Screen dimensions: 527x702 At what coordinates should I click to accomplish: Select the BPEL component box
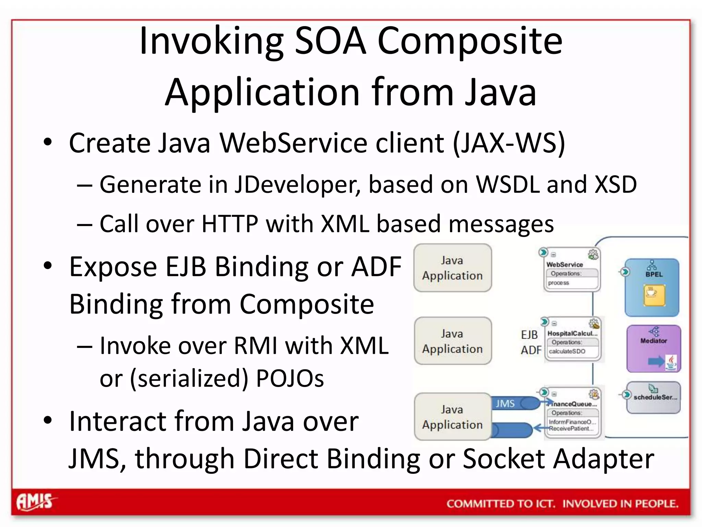tap(652, 288)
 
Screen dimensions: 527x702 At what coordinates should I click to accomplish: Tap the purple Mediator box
tap(653, 348)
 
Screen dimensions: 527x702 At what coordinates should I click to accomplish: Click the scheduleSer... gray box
tap(653, 397)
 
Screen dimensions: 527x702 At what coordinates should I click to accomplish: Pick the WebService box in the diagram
tap(571, 270)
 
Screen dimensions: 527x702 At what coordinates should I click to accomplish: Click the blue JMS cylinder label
tap(505, 403)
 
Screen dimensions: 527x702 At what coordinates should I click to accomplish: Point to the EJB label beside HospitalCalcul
tap(529, 335)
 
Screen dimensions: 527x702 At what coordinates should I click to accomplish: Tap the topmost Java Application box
tap(452, 268)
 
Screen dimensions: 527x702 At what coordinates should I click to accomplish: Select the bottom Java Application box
tap(452, 417)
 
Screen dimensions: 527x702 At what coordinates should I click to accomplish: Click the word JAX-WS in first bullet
tap(509, 143)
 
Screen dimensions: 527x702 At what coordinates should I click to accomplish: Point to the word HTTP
tap(230, 224)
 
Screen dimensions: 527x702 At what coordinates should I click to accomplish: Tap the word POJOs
tap(290, 379)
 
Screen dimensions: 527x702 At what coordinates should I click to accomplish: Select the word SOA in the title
tap(330, 41)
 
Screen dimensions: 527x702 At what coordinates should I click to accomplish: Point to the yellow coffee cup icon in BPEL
tap(654, 294)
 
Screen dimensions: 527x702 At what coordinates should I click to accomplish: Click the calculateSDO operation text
tap(567, 351)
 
